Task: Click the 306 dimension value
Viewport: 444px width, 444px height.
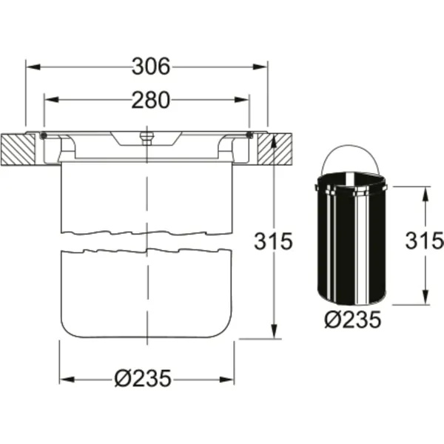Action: pyautogui.click(x=151, y=67)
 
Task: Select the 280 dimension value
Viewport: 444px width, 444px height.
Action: pyautogui.click(x=151, y=100)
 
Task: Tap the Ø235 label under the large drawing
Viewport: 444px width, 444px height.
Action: pyautogui.click(x=143, y=379)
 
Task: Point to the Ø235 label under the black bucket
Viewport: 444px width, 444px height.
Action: pyautogui.click(x=352, y=320)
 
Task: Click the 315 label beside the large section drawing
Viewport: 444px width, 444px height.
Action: pyautogui.click(x=273, y=241)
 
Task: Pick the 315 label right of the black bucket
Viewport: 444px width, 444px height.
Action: pyautogui.click(x=425, y=240)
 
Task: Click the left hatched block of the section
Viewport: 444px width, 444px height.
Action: pyautogui.click(x=18, y=149)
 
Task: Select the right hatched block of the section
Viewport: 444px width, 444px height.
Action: pyautogui.click(x=275, y=149)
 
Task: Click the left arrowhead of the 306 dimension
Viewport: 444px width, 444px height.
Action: pyautogui.click(x=33, y=67)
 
